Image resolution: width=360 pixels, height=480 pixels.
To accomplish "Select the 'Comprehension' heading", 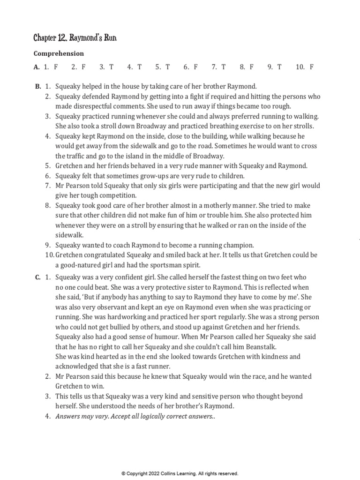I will click(x=59, y=53).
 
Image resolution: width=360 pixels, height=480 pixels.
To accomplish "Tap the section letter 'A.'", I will click(x=37, y=67).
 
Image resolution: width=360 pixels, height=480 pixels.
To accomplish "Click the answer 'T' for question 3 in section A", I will click(x=111, y=67).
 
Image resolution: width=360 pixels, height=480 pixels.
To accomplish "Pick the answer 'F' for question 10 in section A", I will click(x=312, y=67).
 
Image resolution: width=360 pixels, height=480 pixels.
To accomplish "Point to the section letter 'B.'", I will click(x=38, y=87).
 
